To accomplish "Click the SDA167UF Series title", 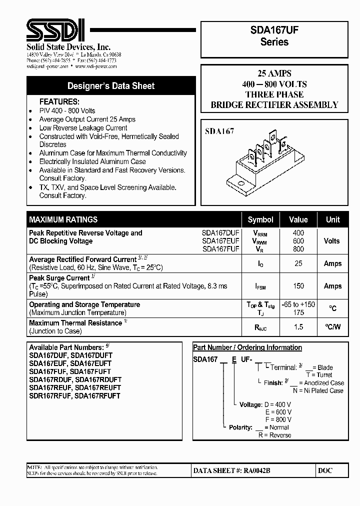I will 274,36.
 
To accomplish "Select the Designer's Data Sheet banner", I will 111,86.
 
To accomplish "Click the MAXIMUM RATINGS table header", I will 63,219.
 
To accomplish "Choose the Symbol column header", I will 260,219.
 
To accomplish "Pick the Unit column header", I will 332,219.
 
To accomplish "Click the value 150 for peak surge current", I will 298,286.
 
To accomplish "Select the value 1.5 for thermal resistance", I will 298,326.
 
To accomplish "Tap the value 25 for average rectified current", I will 298,263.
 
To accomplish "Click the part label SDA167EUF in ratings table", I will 221,240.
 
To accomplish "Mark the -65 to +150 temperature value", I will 298,304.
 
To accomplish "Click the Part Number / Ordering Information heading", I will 247,347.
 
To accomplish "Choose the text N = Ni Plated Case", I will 318,390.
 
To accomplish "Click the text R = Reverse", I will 274,435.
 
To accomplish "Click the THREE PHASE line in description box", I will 274,94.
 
